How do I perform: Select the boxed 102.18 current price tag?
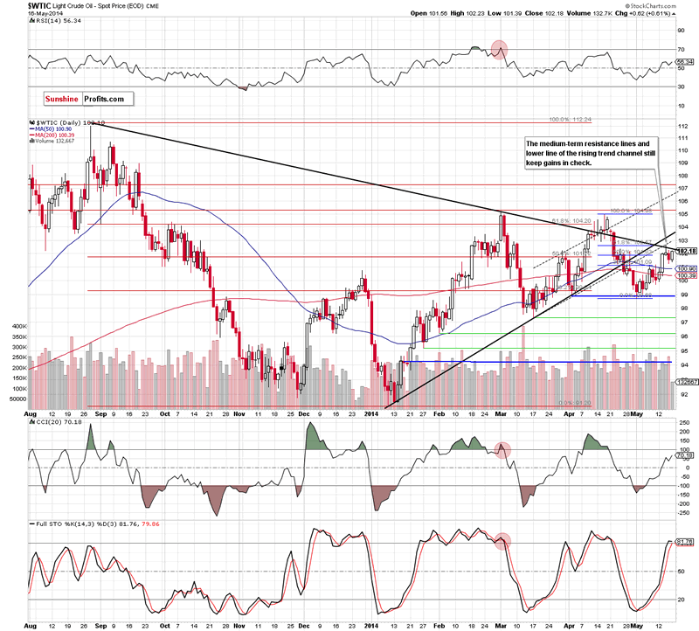click(x=683, y=251)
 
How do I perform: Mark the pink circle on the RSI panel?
click(x=499, y=49)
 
